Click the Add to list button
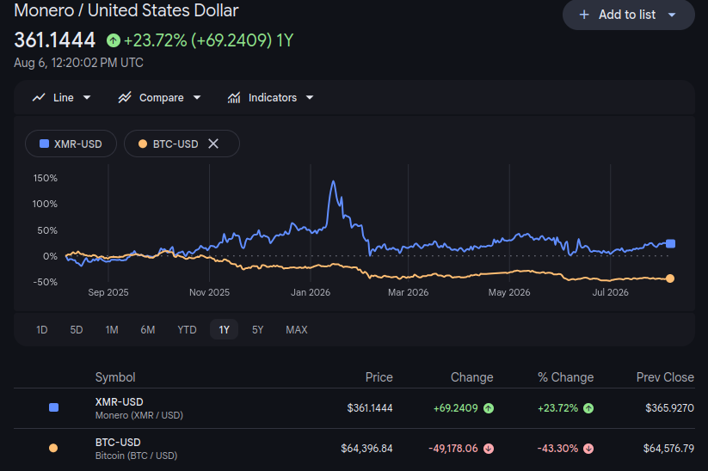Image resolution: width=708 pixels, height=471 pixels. click(628, 15)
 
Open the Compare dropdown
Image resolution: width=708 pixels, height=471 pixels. click(159, 97)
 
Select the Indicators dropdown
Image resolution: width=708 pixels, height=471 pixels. click(270, 97)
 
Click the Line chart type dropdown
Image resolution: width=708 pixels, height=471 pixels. click(61, 97)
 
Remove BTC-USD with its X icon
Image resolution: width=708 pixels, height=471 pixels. click(213, 144)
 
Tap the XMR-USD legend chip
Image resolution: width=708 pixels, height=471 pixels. click(71, 144)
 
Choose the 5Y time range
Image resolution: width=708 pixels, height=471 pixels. click(257, 330)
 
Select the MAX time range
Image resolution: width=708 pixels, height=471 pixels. click(296, 330)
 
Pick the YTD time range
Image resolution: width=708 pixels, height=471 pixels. click(187, 330)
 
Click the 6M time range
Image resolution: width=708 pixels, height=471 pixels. click(148, 330)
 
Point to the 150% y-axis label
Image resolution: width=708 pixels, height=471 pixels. click(45, 178)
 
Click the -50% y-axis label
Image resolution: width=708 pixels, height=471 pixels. click(45, 282)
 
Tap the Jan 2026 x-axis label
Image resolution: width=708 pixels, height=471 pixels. click(311, 292)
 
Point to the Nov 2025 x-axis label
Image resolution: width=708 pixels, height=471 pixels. click(210, 292)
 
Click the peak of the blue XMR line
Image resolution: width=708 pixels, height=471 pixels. click(333, 181)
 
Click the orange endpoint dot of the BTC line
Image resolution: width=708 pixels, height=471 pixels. click(670, 278)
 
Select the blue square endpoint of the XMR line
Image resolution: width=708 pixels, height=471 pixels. click(670, 243)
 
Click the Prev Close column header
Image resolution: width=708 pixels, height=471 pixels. click(665, 377)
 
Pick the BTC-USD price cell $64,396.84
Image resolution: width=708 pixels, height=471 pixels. click(366, 449)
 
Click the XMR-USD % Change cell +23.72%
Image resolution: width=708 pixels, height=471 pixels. click(557, 408)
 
